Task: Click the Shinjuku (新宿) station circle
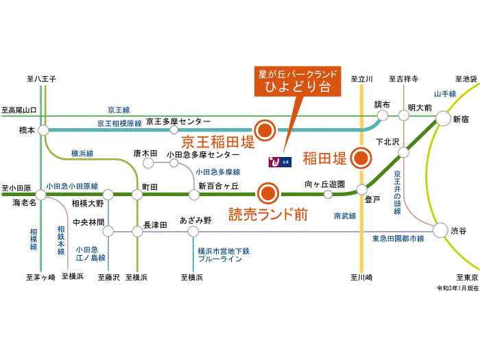[443, 118]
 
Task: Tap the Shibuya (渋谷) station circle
[440, 230]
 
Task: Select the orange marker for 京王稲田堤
[265, 130]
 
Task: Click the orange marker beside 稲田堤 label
[361, 158]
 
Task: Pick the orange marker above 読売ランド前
[268, 193]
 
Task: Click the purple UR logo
[280, 162]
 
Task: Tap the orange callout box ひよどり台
[297, 82]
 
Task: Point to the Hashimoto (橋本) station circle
[43, 130]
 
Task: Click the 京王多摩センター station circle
[174, 130]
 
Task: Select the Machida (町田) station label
[150, 187]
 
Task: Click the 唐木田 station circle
[148, 163]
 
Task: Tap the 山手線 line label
[445, 94]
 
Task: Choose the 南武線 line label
[345, 216]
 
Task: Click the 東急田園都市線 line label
[398, 239]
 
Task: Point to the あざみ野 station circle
[193, 232]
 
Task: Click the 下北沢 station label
[387, 142]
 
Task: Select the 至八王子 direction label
[41, 79]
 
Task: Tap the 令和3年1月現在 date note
[457, 289]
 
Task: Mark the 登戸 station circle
[361, 190]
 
